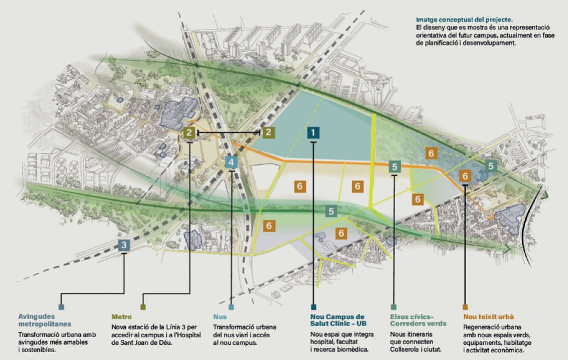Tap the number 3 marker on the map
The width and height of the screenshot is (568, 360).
124,245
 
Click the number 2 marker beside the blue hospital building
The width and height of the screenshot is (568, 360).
189,133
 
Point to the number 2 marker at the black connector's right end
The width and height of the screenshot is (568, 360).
268,132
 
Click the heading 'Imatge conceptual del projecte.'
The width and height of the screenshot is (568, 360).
457,20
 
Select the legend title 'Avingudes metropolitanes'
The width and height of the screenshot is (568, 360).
44,320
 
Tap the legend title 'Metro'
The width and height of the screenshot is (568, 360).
122,317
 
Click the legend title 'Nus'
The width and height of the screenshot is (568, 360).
220,317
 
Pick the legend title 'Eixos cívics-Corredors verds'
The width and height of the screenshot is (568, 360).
412,320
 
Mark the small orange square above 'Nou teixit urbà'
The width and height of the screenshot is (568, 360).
465,307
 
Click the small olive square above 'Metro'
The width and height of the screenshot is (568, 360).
143,307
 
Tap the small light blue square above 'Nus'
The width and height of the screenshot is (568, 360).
231,307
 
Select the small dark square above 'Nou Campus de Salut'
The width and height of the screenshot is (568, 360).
313,307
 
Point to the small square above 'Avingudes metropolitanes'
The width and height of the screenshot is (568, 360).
61,307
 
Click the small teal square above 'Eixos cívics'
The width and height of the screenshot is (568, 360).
394,307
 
